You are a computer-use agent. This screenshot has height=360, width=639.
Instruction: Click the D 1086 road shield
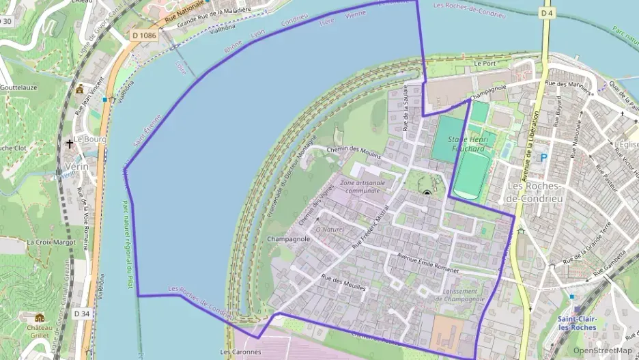coord(145,35)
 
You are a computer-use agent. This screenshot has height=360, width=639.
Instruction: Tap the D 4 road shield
coord(545,13)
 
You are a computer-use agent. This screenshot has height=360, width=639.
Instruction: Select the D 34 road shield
coord(82,314)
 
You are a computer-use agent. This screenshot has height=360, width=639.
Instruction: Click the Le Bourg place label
coord(87,138)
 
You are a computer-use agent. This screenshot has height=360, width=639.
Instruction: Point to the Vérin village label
coord(77,167)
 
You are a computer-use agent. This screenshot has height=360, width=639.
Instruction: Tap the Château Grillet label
coord(40,332)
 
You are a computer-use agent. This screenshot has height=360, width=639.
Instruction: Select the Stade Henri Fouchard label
coord(466,144)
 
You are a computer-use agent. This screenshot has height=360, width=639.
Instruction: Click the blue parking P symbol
coord(544,157)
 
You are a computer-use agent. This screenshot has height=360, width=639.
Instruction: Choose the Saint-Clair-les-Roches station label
coord(577,323)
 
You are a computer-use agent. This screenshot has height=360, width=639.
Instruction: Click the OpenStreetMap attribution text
coord(602,350)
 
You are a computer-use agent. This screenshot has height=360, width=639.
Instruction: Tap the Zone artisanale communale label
coord(362,186)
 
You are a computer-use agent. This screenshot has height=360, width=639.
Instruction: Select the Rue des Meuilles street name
coord(343,282)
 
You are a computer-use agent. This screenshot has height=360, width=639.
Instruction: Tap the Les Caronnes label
coord(240,352)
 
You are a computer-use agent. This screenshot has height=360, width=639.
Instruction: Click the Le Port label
coord(484,63)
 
